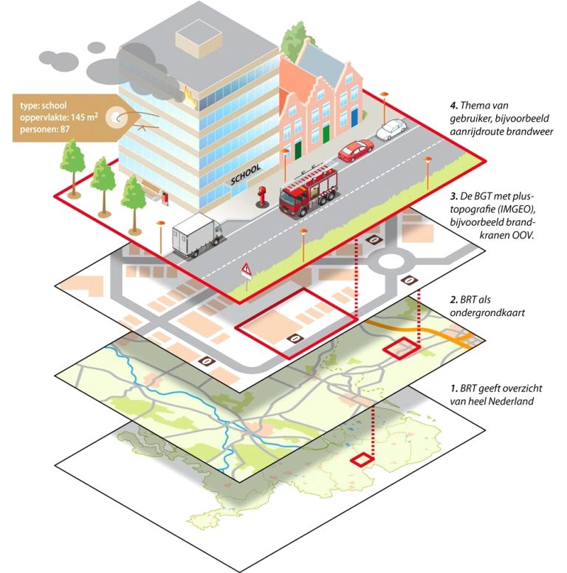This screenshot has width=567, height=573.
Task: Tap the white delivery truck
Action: (x=196, y=234)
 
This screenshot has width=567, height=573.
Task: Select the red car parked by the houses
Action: (x=355, y=151)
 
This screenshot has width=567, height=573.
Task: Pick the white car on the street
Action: (x=391, y=130)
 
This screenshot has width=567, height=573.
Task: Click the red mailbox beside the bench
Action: (x=165, y=197)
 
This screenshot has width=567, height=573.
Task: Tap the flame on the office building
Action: (x=189, y=92)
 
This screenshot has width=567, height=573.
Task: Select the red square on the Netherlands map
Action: (x=362, y=460)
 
